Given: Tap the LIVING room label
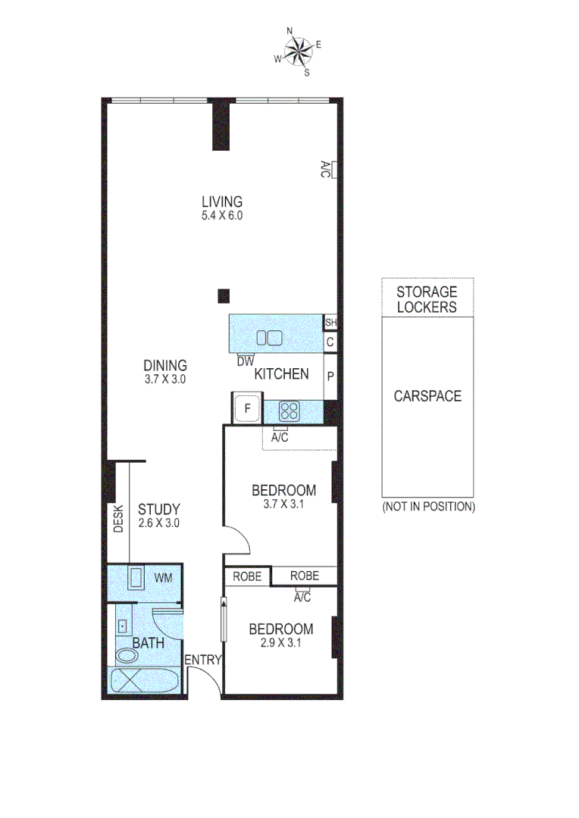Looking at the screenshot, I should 221,201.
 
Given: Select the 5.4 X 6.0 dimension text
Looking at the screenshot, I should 221,215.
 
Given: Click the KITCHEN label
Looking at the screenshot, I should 281,373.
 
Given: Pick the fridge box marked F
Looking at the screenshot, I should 246,410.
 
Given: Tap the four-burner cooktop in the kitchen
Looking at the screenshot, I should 289,411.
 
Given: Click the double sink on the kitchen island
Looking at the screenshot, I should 268,338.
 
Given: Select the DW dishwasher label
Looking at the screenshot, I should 245,362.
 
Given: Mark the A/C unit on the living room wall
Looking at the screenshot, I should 327,169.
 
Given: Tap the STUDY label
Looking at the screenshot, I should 158,509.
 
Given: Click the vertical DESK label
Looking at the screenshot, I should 118,520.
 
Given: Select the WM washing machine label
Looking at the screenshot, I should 164,578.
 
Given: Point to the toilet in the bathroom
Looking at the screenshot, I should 124,656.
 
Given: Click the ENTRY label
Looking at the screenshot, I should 202,660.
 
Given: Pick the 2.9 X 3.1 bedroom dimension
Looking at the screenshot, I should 280,643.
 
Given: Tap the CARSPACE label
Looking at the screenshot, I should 427,396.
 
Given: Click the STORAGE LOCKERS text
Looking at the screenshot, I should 427,299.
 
